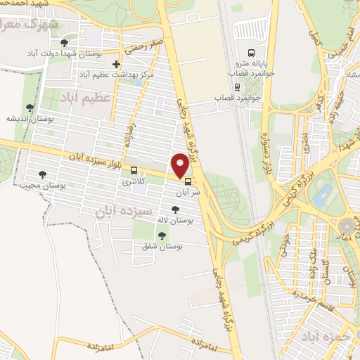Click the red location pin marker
pos(180,165)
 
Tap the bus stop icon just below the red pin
pos(186,181)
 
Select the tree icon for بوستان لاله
pos(175,209)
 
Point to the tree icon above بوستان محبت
pos(43,174)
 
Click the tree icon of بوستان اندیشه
pos(30,108)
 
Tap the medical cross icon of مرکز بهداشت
pos(117,65)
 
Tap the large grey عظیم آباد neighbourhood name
pos(85,96)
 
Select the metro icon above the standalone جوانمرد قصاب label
pos(238,86)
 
